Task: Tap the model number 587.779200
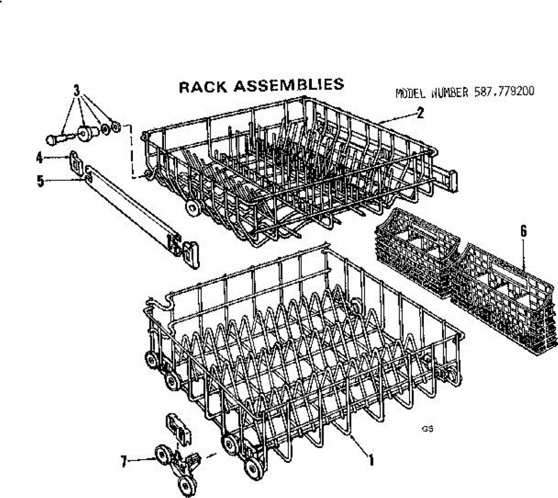coord(504,92)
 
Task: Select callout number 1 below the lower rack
coord(372,460)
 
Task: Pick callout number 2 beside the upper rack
coord(420,113)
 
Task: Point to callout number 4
coord(40,158)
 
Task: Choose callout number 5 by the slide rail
coord(40,181)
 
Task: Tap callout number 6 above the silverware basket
coord(524,231)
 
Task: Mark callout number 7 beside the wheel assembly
coord(124,462)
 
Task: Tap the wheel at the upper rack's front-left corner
coord(191,207)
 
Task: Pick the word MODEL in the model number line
coord(411,93)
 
